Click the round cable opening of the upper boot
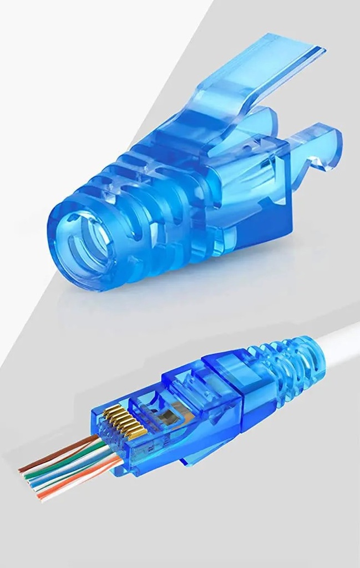point(83,244)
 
